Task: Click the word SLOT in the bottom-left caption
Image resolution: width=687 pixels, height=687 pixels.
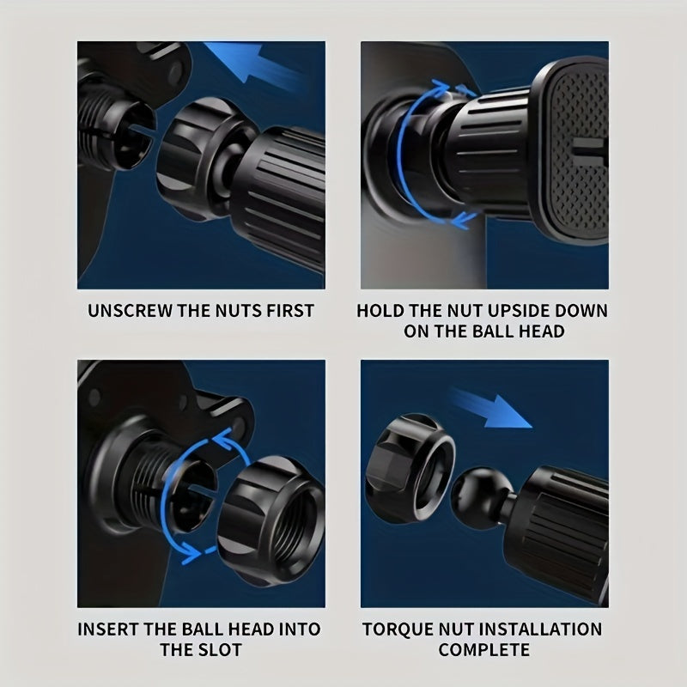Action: [221, 649]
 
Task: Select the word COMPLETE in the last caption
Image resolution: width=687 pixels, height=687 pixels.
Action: [483, 649]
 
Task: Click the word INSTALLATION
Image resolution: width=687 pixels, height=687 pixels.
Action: [541, 629]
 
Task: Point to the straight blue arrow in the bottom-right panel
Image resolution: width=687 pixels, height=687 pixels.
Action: [490, 407]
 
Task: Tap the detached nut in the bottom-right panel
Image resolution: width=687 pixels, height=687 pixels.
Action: [410, 469]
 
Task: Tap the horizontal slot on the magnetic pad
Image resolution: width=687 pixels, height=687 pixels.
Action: [589, 151]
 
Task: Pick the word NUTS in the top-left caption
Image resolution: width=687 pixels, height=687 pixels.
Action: [240, 311]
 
